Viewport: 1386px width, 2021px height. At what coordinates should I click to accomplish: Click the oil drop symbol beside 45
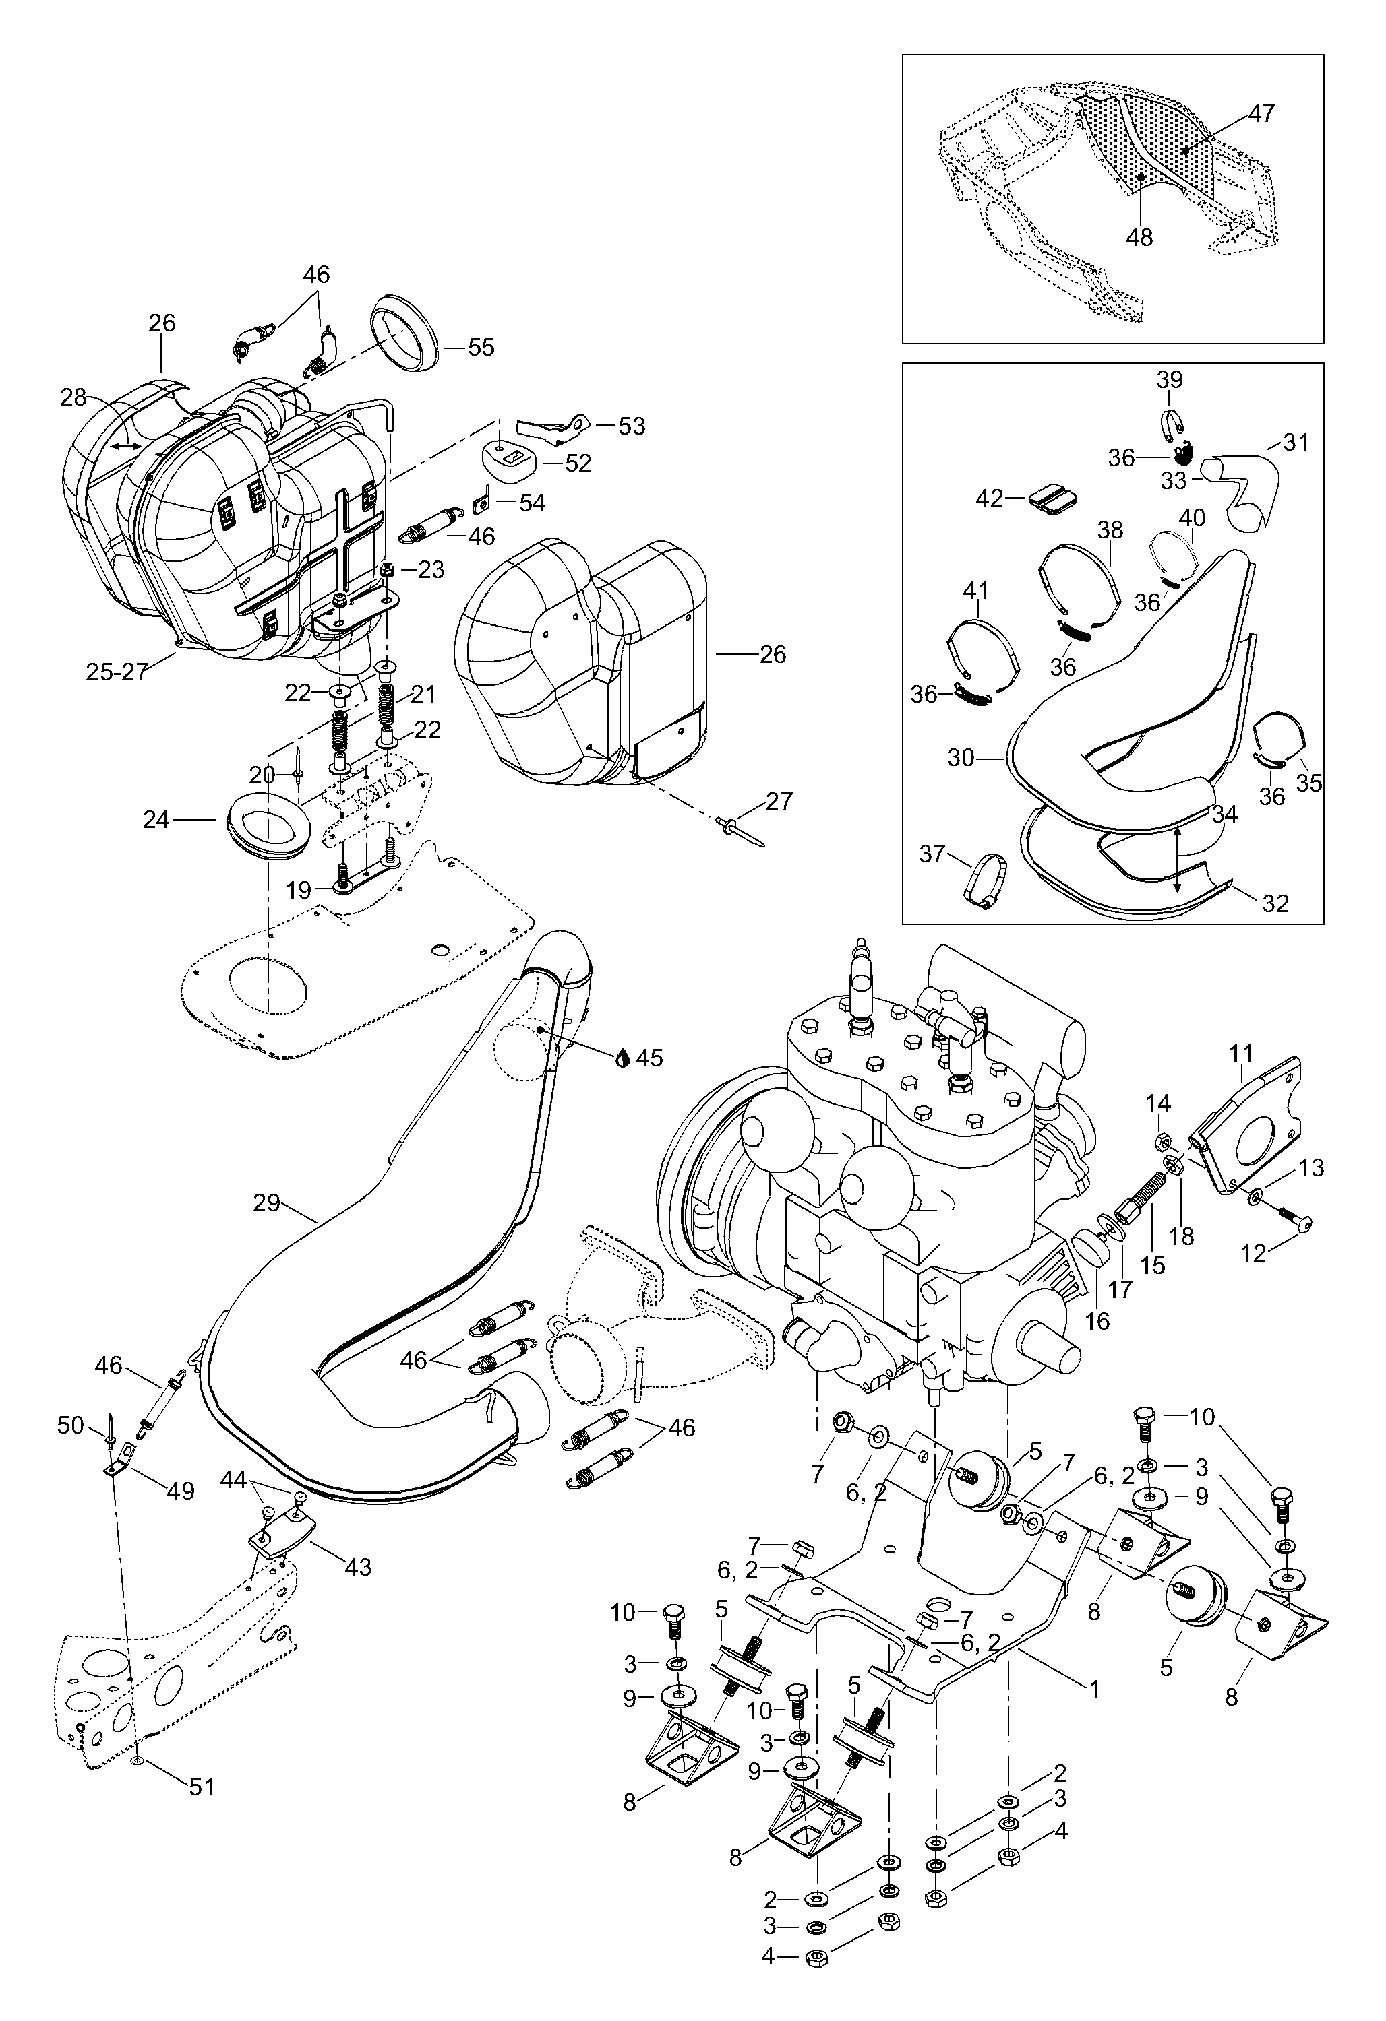[623, 1058]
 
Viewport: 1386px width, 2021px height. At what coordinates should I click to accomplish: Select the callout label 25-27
[117, 672]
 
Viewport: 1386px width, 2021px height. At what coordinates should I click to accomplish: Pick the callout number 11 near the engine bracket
[1240, 1054]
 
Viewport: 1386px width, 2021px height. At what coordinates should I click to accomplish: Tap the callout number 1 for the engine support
[1095, 1689]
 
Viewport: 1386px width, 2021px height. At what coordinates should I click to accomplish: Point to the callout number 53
[632, 426]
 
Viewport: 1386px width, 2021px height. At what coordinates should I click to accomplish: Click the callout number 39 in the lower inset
[1170, 380]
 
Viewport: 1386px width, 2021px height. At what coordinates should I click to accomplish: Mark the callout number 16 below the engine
[1098, 1321]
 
